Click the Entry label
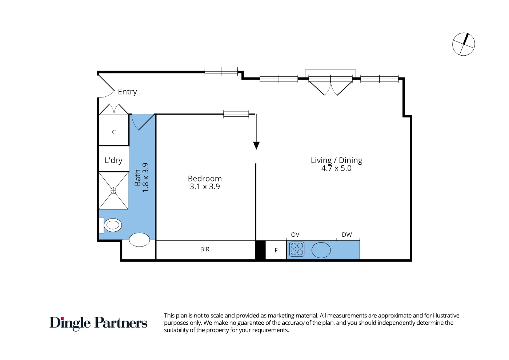(x=127, y=92)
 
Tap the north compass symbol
(x=464, y=44)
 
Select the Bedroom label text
(x=205, y=179)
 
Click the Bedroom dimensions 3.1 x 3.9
(x=205, y=187)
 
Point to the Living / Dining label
(x=336, y=160)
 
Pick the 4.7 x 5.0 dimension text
(x=336, y=168)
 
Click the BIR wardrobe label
(x=205, y=249)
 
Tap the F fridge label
(x=276, y=251)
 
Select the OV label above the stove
(x=295, y=235)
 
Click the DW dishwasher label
(x=347, y=235)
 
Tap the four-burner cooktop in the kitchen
(x=297, y=249)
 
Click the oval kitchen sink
(x=321, y=250)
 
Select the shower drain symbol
(x=113, y=191)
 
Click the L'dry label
(x=113, y=160)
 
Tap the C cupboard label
(x=114, y=132)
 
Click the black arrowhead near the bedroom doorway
(x=256, y=145)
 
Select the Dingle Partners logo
(x=99, y=323)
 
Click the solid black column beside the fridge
(x=260, y=250)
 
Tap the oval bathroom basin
(x=140, y=240)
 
